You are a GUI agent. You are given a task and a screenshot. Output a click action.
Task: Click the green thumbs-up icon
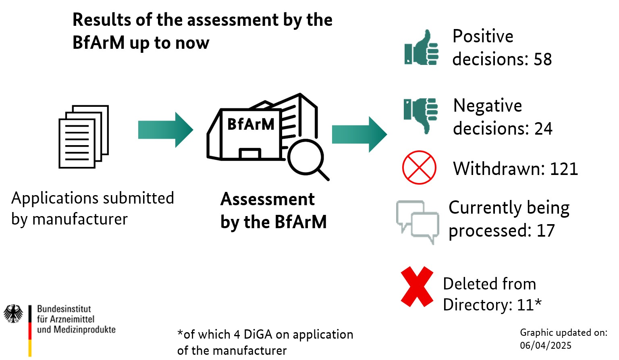(x=422, y=48)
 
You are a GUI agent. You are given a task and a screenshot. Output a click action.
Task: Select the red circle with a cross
(x=419, y=167)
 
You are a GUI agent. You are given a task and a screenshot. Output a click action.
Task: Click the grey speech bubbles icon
(x=418, y=222)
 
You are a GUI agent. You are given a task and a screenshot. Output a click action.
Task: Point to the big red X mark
(x=417, y=287)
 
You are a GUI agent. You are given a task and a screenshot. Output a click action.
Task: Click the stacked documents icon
(x=84, y=137)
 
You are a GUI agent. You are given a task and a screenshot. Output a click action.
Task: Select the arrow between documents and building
(x=165, y=130)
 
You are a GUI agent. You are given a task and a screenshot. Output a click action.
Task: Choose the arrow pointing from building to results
(x=359, y=134)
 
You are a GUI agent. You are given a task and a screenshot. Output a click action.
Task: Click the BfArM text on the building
(x=251, y=124)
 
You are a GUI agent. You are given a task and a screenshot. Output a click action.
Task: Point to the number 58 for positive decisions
(x=542, y=59)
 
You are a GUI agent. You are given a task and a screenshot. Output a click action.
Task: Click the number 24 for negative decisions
(x=543, y=129)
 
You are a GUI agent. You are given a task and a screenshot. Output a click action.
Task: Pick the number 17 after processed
(x=546, y=231)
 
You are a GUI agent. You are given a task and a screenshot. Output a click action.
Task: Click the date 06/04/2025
(x=545, y=345)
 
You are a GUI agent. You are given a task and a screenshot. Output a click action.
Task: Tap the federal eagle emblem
(x=13, y=314)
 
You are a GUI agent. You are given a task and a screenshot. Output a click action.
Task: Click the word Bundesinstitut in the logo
(x=64, y=309)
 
